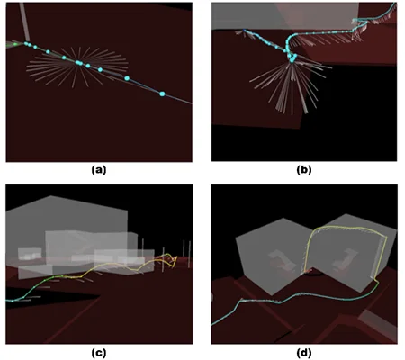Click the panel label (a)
click(99, 170)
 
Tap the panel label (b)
click(304, 170)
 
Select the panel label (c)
click(99, 353)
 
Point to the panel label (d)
click(304, 353)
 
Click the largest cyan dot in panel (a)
click(162, 94)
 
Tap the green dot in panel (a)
click(15, 44)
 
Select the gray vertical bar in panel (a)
click(24, 22)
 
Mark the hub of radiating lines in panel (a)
click(78, 63)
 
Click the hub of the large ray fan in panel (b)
click(292, 61)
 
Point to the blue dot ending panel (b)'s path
click(245, 31)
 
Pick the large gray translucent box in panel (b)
click(285, 15)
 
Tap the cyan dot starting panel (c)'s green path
click(13, 301)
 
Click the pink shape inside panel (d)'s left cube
click(279, 258)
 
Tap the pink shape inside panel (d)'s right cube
click(349, 257)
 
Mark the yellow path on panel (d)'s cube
click(345, 229)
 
